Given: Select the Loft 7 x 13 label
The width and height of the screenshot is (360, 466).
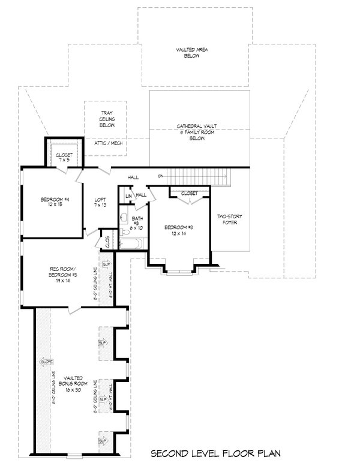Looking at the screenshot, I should point(101,203).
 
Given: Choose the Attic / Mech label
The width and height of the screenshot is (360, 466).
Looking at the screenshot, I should point(109,143).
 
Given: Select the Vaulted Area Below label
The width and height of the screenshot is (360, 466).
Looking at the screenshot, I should point(192,53).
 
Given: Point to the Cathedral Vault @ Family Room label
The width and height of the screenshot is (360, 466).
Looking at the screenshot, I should point(196,132).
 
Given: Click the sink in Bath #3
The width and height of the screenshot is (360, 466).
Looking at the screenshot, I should point(123,218).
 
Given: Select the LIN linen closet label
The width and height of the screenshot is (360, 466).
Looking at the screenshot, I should point(128,197).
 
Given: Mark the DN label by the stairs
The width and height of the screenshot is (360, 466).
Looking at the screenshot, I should point(161,176).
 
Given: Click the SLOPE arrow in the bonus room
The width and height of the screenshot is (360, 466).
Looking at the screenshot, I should point(45,362).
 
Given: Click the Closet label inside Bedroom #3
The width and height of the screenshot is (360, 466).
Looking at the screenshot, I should point(189,194).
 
